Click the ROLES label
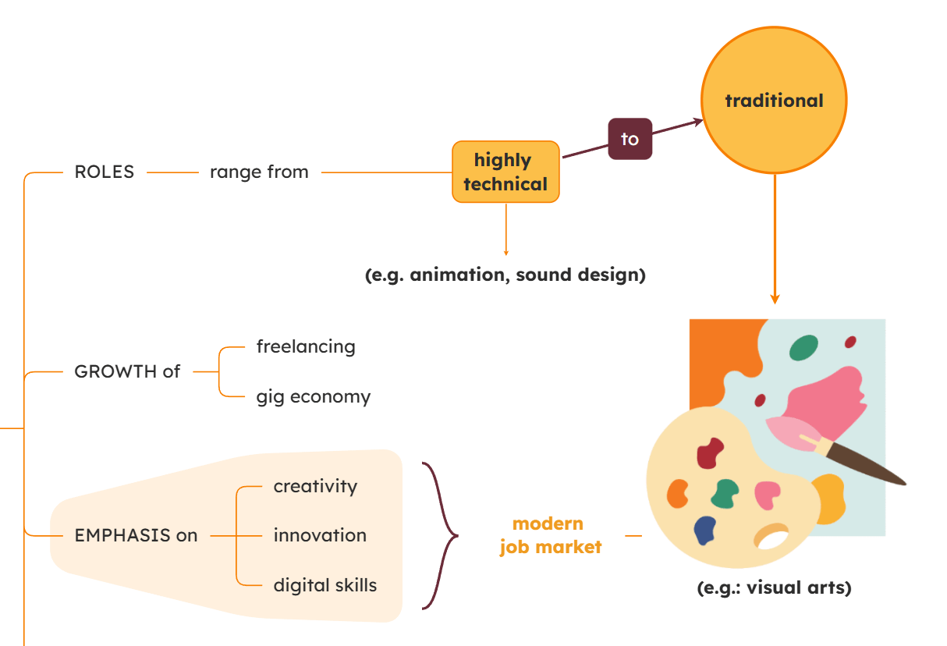click(x=105, y=172)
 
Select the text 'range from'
click(x=259, y=172)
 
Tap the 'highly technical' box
click(x=505, y=172)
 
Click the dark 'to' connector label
click(x=630, y=139)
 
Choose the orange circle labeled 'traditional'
click(x=774, y=101)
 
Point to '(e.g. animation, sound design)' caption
click(x=505, y=275)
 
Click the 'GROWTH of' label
click(x=127, y=372)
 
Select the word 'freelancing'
click(x=306, y=346)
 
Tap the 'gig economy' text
click(x=314, y=397)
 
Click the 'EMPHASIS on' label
click(x=136, y=536)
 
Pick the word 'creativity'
click(x=315, y=487)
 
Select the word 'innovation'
click(x=320, y=536)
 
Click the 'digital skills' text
click(x=325, y=585)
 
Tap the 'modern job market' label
click(x=551, y=535)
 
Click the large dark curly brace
click(x=441, y=535)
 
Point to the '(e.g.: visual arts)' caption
click(x=774, y=588)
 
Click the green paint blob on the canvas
click(x=803, y=348)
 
